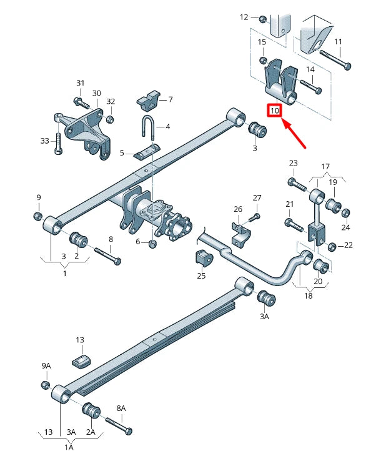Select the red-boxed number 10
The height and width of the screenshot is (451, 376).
275,111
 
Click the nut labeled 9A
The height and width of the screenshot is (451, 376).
45,384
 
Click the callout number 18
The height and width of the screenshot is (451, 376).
308,295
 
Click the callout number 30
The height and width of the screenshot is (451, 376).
96,93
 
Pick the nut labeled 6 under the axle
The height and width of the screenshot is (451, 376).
153,243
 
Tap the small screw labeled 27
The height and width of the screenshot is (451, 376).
253,217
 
